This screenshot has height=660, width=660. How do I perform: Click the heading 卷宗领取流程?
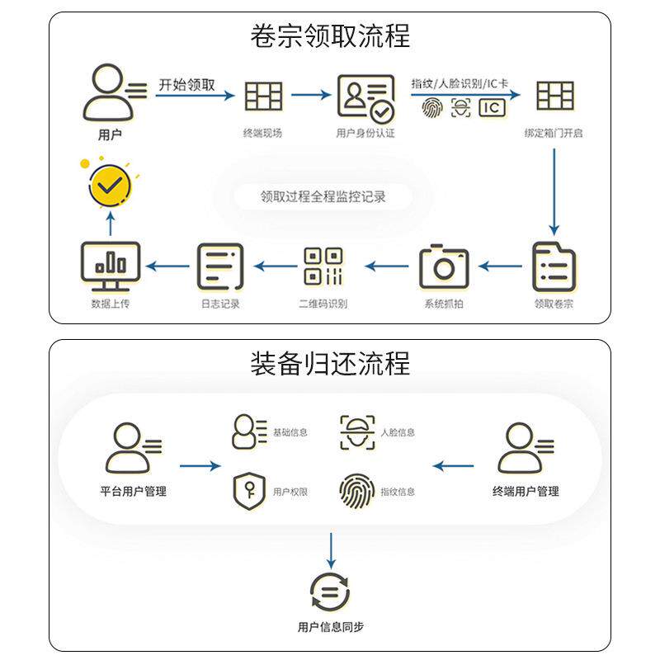(330, 36)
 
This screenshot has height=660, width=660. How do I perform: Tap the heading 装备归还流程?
(330, 363)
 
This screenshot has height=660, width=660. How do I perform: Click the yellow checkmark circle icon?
(109, 186)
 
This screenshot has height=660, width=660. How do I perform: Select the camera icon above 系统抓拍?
(444, 266)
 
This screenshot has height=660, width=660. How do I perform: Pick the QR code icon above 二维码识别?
(323, 266)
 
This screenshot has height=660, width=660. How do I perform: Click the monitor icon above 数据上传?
(111, 266)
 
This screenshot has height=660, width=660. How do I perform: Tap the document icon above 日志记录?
(220, 266)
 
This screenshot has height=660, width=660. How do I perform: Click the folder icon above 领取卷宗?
(554, 266)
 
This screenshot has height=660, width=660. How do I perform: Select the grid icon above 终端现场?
(263, 97)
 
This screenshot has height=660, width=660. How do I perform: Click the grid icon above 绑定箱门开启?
(554, 97)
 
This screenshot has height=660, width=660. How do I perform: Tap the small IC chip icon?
(492, 108)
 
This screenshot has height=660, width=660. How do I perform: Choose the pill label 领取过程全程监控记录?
(323, 196)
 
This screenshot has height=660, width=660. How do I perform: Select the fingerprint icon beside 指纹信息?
(356, 491)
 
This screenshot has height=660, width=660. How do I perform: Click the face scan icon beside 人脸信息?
(356, 432)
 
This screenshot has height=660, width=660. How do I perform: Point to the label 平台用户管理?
(133, 492)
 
